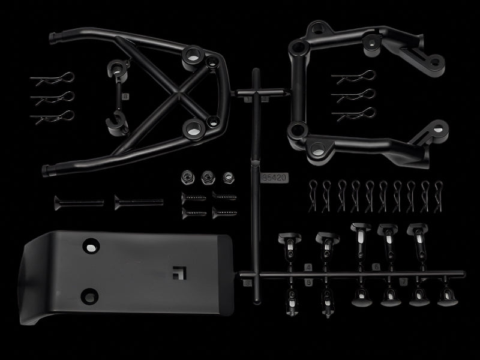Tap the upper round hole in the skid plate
coord(91,247)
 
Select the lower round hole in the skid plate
coord(89,295)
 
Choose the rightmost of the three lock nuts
coord(228,178)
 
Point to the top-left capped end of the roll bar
coord(55,37)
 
